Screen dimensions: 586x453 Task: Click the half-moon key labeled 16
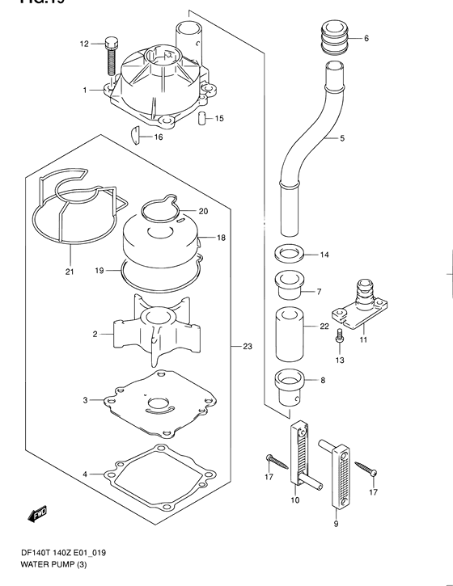[x=139, y=134]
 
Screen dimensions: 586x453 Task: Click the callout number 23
[x=248, y=346]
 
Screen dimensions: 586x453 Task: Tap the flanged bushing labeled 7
[x=287, y=287]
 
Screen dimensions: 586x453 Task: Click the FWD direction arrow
[x=38, y=512]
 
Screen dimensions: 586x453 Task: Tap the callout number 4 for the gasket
[x=83, y=473]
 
